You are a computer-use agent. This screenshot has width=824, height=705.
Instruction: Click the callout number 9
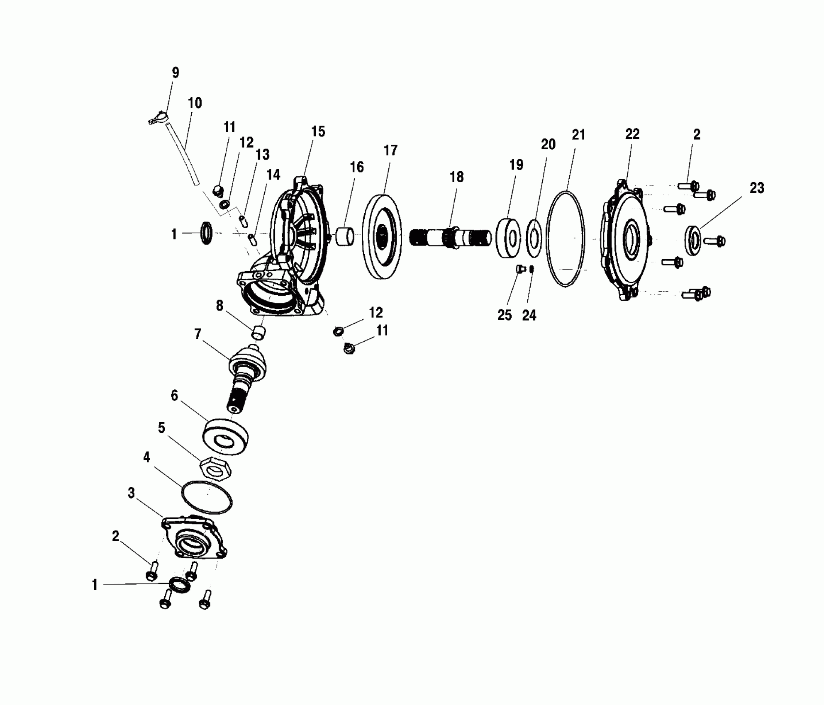coord(176,73)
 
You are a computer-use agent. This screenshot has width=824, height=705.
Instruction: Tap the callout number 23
coord(757,188)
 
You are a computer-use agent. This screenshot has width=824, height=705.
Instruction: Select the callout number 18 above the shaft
coord(456,177)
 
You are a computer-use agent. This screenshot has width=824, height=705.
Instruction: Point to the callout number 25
coord(505,315)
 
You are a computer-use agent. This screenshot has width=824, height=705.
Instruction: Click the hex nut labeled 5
coord(215,469)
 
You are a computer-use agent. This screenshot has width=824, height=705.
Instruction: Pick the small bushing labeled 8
coord(258,333)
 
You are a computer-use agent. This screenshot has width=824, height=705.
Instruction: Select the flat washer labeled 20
coord(534,239)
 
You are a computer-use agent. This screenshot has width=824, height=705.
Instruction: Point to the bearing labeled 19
coord(509,237)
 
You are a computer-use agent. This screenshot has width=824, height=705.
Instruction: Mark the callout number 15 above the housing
coord(318,132)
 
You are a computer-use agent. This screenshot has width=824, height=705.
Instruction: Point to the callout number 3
coord(131,493)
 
